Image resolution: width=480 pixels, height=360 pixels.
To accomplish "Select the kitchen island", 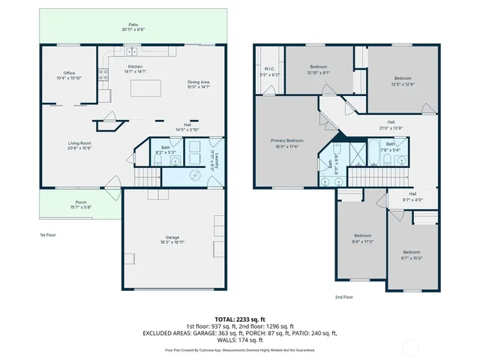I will [147, 88].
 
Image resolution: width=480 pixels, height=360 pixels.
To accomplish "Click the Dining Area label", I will [198, 82].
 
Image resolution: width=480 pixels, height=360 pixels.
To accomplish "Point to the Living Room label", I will [79, 143].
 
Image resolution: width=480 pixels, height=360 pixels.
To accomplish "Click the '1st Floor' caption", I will [48, 235].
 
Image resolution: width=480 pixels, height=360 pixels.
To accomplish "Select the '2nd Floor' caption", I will [344, 297].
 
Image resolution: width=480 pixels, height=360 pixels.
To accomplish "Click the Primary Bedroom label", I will [287, 140].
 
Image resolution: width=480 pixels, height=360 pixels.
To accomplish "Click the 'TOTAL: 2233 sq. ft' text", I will [239, 319].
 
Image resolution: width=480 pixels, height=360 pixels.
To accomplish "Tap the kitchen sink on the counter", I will [133, 52].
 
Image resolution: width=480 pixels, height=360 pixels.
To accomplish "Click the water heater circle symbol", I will [196, 175].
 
